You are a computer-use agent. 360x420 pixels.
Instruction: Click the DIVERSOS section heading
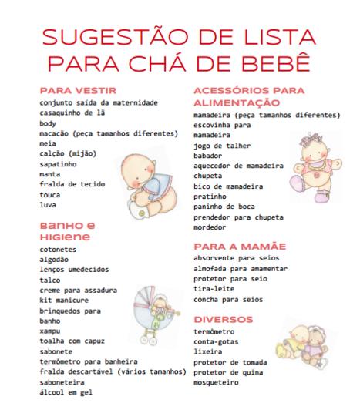tap(224, 319)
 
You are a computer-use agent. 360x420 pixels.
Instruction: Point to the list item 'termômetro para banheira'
tap(88, 361)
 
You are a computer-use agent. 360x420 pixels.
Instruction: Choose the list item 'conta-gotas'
tap(215, 340)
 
